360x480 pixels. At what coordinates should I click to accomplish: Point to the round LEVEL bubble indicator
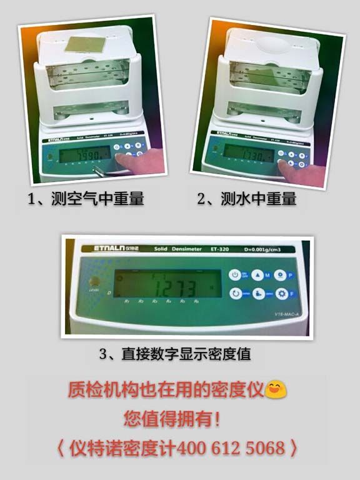95,281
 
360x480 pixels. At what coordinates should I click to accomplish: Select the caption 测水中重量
254,199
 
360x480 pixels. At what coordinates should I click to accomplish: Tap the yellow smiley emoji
274,390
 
